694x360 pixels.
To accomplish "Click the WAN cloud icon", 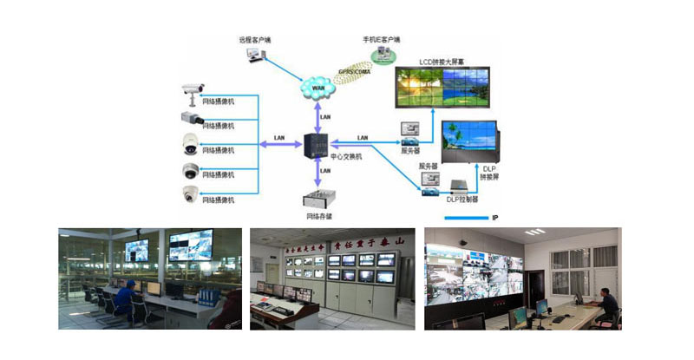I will pos(318,87).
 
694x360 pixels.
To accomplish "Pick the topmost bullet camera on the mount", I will pos(193,88).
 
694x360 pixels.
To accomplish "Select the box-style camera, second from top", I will pos(191,116).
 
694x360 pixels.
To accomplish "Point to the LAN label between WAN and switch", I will pos(325,115).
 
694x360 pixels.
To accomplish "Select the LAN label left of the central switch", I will pos(278,138).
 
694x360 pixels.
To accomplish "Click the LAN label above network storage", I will pos(325,171).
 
